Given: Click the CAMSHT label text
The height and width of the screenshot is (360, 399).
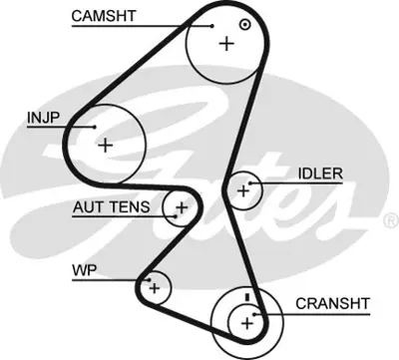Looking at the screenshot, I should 102,16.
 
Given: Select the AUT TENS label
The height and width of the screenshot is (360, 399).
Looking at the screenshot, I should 110,207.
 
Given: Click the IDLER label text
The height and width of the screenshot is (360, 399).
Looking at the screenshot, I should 319,174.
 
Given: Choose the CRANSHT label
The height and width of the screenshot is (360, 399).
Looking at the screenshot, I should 330,303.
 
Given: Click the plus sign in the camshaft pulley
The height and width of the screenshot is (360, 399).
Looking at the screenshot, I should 226,43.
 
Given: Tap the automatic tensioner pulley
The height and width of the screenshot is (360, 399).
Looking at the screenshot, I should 181,207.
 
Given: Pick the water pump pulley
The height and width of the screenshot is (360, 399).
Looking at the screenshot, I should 155,288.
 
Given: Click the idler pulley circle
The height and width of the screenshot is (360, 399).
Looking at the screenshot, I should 242,188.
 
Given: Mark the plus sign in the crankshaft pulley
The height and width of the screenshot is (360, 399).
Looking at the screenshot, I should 245,321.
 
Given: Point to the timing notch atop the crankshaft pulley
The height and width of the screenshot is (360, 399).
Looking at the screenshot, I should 245,296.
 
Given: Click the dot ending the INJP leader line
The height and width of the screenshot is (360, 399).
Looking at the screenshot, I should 94,128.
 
